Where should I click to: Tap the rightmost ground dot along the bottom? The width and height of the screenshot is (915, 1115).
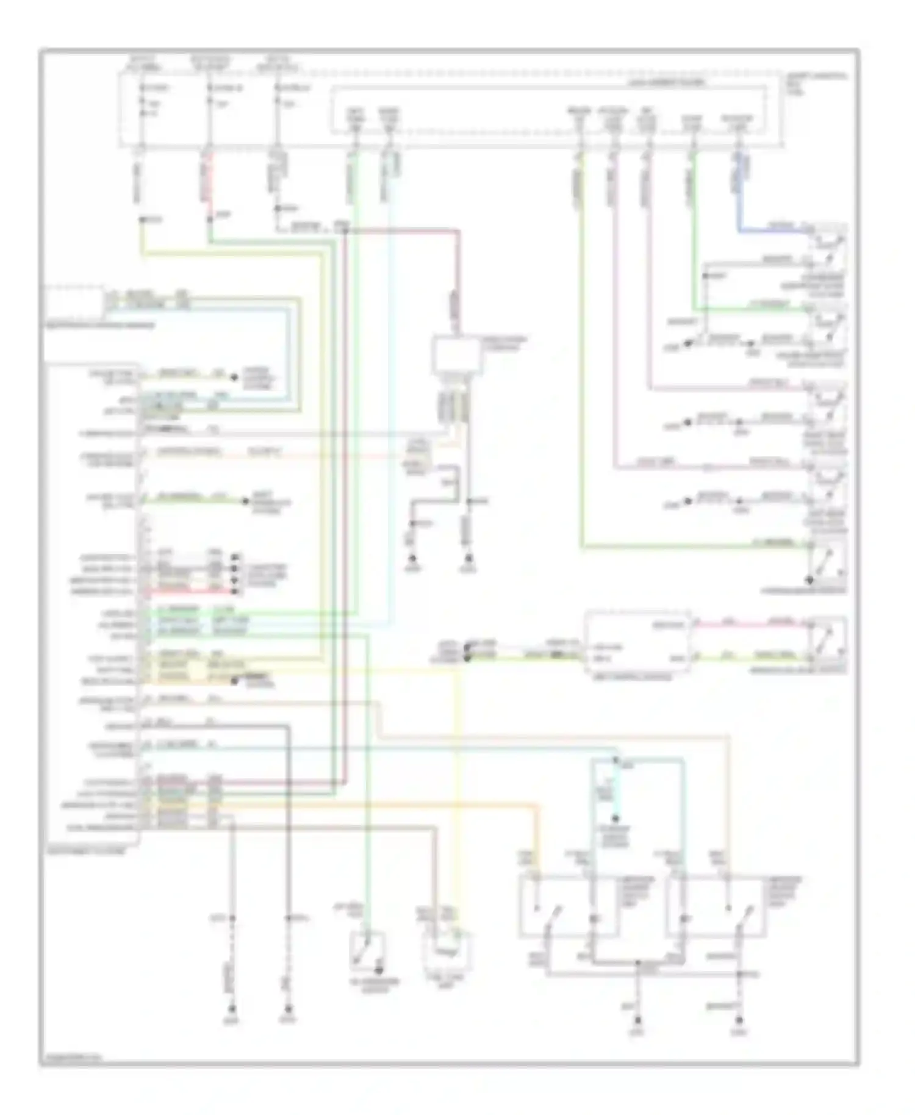pyautogui.click(x=739, y=1020)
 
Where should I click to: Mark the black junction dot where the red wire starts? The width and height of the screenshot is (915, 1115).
pyautogui.click(x=345, y=231)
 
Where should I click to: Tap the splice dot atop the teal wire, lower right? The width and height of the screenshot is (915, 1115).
pyautogui.click(x=615, y=761)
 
